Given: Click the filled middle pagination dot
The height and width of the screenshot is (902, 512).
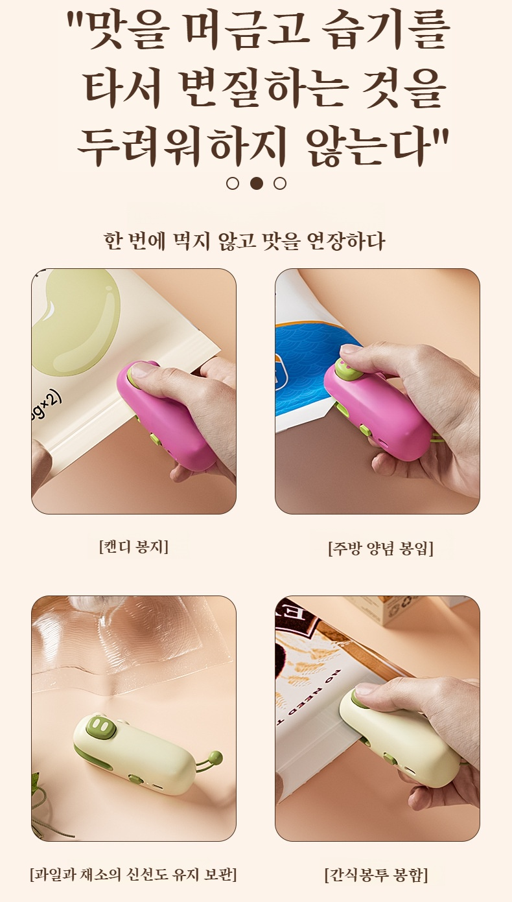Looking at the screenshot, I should pyautogui.click(x=256, y=183).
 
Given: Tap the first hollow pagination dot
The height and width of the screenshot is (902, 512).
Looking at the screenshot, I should pyautogui.click(x=233, y=183).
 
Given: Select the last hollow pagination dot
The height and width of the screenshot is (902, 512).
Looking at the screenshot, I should pyautogui.click(x=280, y=183).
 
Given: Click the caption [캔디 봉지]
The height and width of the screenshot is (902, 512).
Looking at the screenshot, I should pyautogui.click(x=134, y=546).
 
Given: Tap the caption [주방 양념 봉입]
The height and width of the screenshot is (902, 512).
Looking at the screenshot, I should pyautogui.click(x=380, y=548).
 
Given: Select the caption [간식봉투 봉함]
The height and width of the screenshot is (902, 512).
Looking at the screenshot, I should pyautogui.click(x=376, y=875).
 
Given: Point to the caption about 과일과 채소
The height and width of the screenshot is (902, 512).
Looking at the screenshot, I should pyautogui.click(x=134, y=875).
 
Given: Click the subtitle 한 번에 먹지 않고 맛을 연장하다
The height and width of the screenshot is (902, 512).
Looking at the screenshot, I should pyautogui.click(x=244, y=241).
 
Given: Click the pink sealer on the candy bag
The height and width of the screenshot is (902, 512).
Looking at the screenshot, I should pyautogui.click(x=165, y=415).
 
